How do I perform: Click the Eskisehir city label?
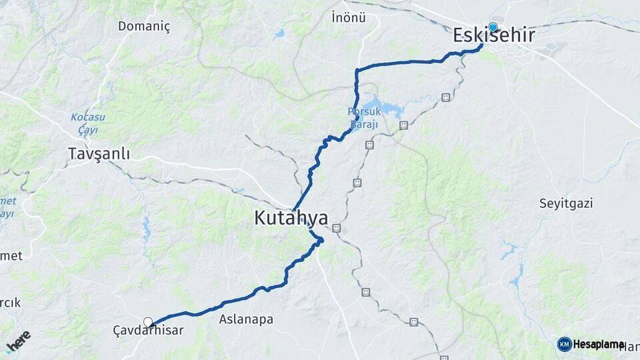click(x=493, y=36)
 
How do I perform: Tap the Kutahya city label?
click(x=291, y=218)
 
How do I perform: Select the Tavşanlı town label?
click(x=99, y=154)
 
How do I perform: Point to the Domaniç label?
click(x=144, y=27)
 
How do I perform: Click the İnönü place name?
click(x=349, y=18)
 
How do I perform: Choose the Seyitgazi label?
click(x=566, y=203)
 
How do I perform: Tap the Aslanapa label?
click(x=246, y=319)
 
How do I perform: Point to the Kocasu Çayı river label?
click(x=84, y=123)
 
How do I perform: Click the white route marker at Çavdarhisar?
click(x=148, y=322)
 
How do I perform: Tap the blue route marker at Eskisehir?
click(x=493, y=27)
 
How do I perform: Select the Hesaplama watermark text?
click(x=599, y=344)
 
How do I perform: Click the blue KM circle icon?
click(x=564, y=344)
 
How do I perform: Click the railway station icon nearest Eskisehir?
click(x=445, y=97)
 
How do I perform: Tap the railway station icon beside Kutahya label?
click(x=337, y=228)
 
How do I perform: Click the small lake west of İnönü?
click(x=279, y=32)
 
